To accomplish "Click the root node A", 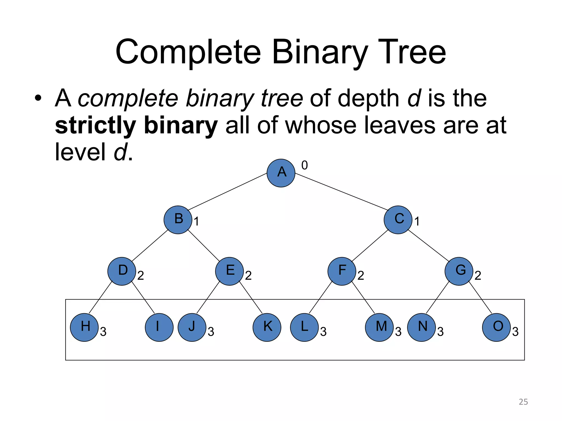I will [x=281, y=173].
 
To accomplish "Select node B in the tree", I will [x=178, y=220].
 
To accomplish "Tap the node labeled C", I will [x=398, y=220].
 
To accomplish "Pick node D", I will [x=122, y=271].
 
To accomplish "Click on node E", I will [x=229, y=271].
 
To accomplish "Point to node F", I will [x=342, y=271].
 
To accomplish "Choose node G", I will [x=459, y=271].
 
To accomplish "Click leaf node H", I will [x=84, y=327].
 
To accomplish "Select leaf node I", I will [x=159, y=327].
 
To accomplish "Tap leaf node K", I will [x=267, y=327].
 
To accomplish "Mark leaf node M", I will [x=379, y=327].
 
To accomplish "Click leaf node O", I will [x=496, y=327].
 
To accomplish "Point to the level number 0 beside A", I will [x=305, y=165].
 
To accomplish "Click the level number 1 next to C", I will [x=417, y=221].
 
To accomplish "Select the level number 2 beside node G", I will [x=478, y=275].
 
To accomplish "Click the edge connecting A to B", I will [x=228, y=192].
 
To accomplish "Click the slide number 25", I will [x=523, y=402].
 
